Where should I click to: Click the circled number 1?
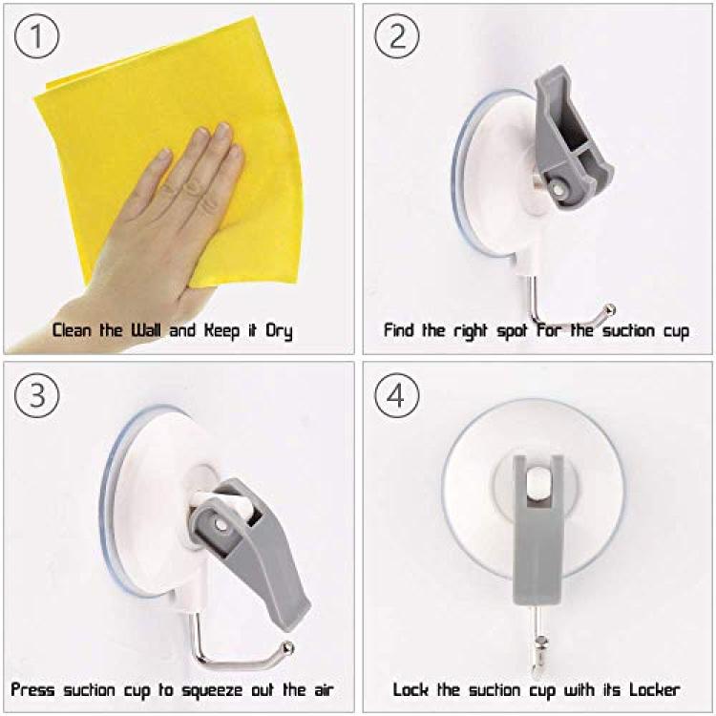pyautogui.click(x=37, y=35)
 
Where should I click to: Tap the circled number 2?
pyautogui.click(x=397, y=35)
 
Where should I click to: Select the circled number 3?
pyautogui.click(x=37, y=395)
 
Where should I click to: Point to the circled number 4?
pyautogui.click(x=397, y=395)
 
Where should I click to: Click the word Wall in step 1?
pyautogui.click(x=146, y=329)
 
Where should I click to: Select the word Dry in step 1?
pyautogui.click(x=279, y=331)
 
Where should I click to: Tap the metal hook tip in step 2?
pyautogui.click(x=610, y=310)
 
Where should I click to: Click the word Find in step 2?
pyautogui.click(x=400, y=329)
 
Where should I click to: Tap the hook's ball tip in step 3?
pyautogui.click(x=287, y=647)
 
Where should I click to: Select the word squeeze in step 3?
pyautogui.click(x=212, y=691)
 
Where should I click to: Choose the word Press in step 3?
pyautogui.click(x=32, y=689)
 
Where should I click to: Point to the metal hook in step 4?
pyautogui.click(x=538, y=640)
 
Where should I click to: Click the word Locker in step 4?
pyautogui.click(x=655, y=689)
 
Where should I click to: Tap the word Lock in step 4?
pyautogui.click(x=411, y=689)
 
